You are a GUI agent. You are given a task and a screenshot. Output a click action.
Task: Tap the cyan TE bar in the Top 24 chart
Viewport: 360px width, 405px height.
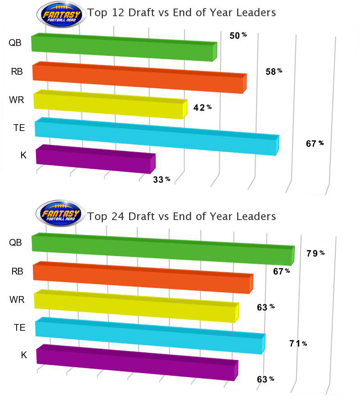click(149, 335)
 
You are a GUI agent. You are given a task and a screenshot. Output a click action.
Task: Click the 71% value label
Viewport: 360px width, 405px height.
click(298, 344)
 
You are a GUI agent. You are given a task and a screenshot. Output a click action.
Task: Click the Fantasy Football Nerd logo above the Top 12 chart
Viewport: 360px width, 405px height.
click(61, 13)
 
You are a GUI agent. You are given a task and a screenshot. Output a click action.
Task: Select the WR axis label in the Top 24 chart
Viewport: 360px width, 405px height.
click(16, 300)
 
